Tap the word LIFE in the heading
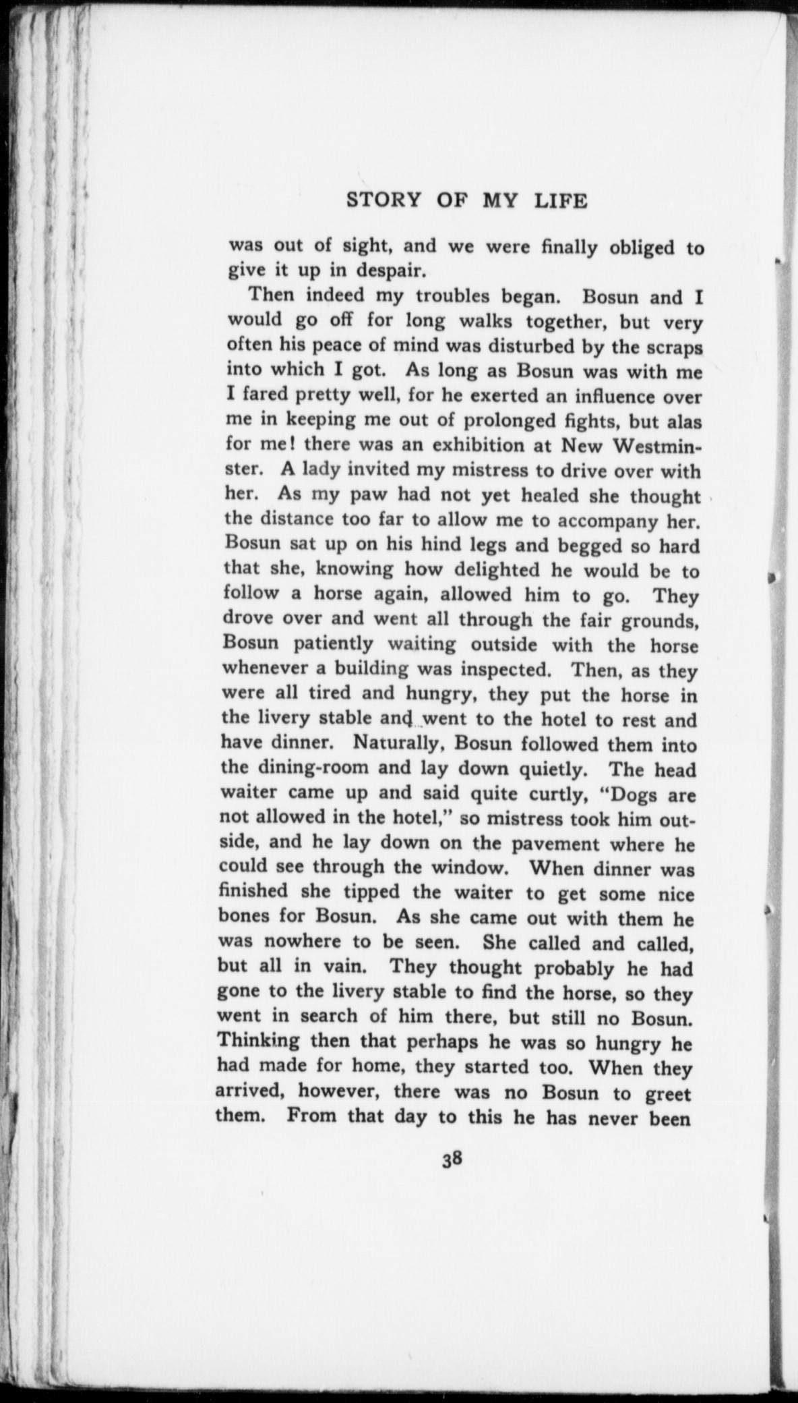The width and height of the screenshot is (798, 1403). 561,201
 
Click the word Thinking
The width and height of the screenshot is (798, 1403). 259,1041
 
